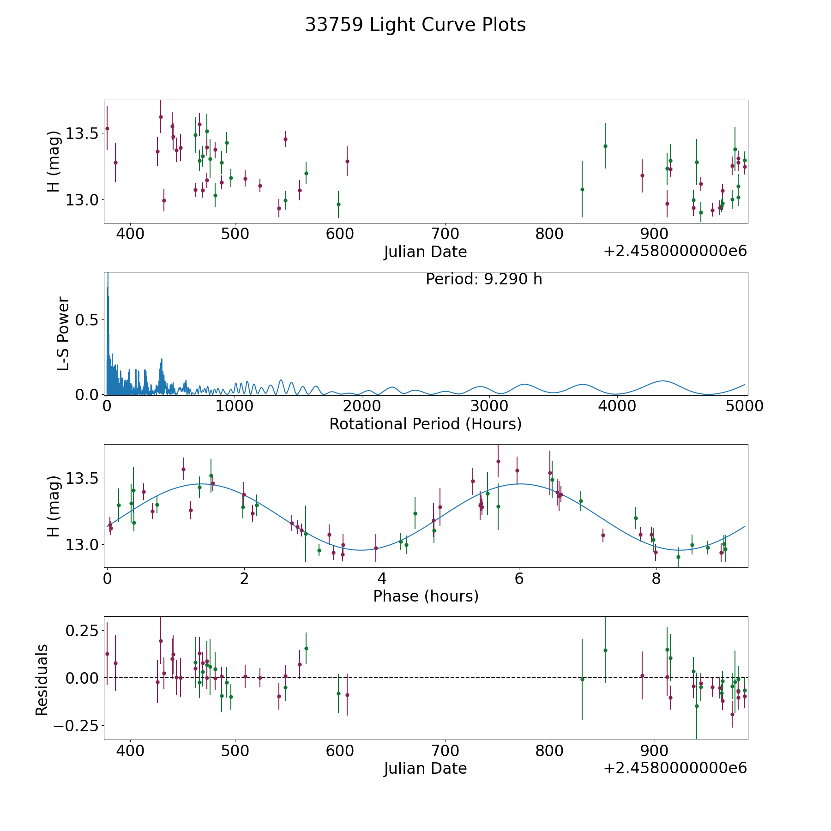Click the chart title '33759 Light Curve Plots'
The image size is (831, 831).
click(x=415, y=25)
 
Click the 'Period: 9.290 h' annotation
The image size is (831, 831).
click(x=484, y=279)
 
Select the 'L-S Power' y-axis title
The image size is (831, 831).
click(x=63, y=333)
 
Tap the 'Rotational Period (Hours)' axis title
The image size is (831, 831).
click(x=425, y=424)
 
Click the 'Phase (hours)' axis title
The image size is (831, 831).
click(x=425, y=596)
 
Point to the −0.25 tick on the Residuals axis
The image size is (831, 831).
click(x=76, y=726)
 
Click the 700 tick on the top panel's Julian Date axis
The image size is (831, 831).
click(x=445, y=234)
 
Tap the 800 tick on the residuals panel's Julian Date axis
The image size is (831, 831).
click(x=550, y=751)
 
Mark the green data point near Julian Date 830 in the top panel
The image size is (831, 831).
click(x=582, y=189)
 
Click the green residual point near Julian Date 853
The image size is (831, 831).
click(x=605, y=650)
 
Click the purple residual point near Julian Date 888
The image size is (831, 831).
click(x=642, y=675)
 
